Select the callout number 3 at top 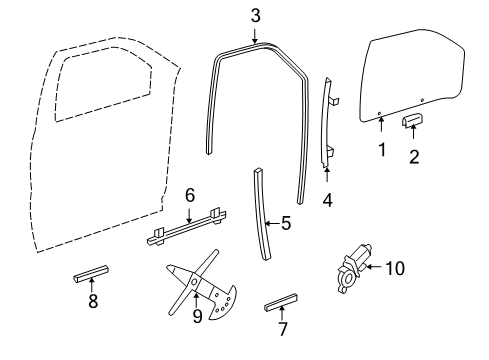point(256,15)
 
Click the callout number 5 point(285,224)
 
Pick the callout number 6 point(191,196)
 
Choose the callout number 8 point(93,301)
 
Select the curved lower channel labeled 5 point(263,214)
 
